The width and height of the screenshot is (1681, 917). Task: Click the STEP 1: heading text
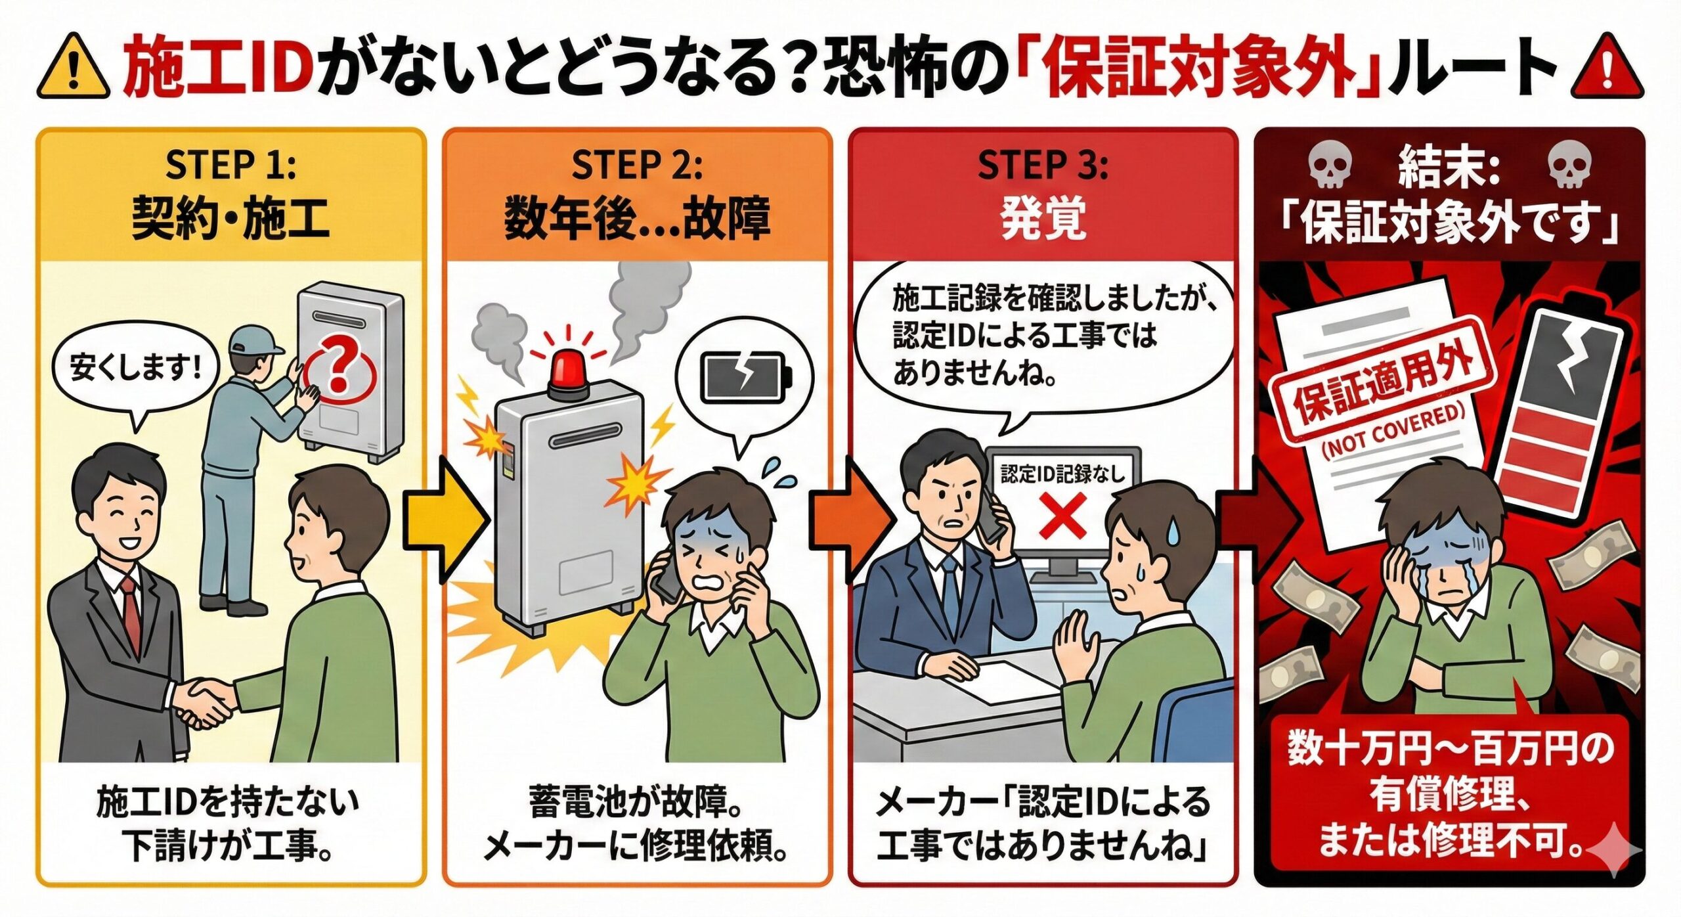pos(230,165)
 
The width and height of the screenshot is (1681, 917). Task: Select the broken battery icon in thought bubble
pos(746,378)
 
